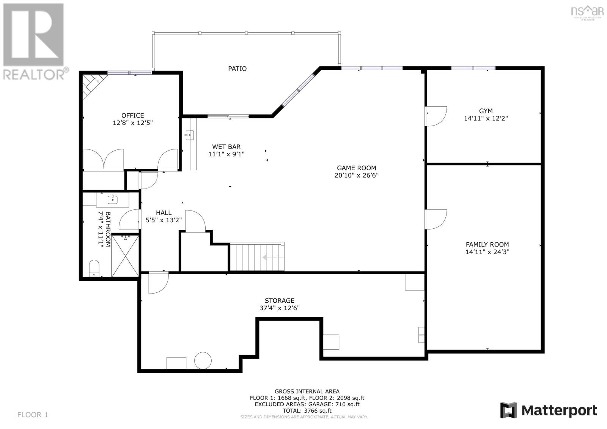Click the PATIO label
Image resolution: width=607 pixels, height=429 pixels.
pyautogui.click(x=237, y=69)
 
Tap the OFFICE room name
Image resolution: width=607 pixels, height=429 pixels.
pyautogui.click(x=132, y=115)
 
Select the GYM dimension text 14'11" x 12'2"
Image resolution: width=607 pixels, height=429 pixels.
pyautogui.click(x=486, y=118)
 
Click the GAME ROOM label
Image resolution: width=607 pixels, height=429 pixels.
pyautogui.click(x=356, y=168)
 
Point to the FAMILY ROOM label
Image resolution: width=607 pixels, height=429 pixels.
pyautogui.click(x=487, y=245)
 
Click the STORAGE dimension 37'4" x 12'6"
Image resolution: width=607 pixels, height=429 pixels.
pyautogui.click(x=279, y=308)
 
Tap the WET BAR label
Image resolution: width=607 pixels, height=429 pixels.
pyautogui.click(x=226, y=147)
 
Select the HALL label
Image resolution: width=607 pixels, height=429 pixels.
pyautogui.click(x=164, y=213)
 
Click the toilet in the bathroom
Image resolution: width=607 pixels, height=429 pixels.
pyautogui.click(x=94, y=267)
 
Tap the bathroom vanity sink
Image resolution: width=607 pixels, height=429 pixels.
pyautogui.click(x=112, y=199)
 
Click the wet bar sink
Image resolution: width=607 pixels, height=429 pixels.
pyautogui.click(x=190, y=134)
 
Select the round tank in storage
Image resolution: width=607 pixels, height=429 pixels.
pyautogui.click(x=203, y=360)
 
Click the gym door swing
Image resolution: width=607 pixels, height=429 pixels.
pyautogui.click(x=436, y=115)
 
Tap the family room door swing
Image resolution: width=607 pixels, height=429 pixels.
pyautogui.click(x=436, y=219)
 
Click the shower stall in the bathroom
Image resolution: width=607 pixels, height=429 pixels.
pyautogui.click(x=125, y=256)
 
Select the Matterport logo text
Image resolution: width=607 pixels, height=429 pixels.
pyautogui.click(x=559, y=410)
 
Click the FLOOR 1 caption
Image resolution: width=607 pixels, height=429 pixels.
pyautogui.click(x=33, y=415)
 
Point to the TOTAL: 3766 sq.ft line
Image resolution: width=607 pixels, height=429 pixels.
pyautogui.click(x=307, y=410)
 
